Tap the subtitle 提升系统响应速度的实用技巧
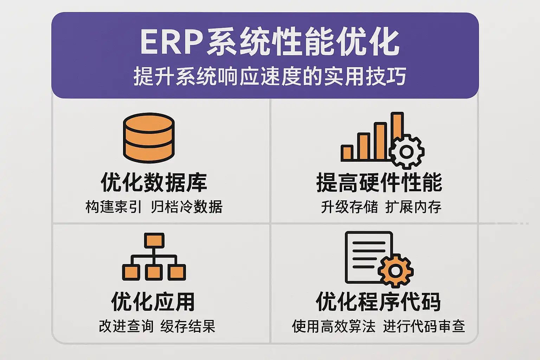click(270, 76)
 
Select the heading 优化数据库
click(154, 182)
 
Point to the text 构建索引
click(113, 207)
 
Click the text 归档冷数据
click(187, 207)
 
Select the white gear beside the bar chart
click(407, 152)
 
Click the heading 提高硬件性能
click(379, 182)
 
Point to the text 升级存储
click(349, 207)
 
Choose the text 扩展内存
click(413, 207)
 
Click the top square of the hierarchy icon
click(154, 240)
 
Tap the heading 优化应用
click(153, 302)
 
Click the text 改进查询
click(126, 326)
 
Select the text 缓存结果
click(188, 326)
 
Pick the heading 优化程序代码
click(378, 302)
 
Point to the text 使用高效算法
click(334, 326)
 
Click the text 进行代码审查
click(424, 326)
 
